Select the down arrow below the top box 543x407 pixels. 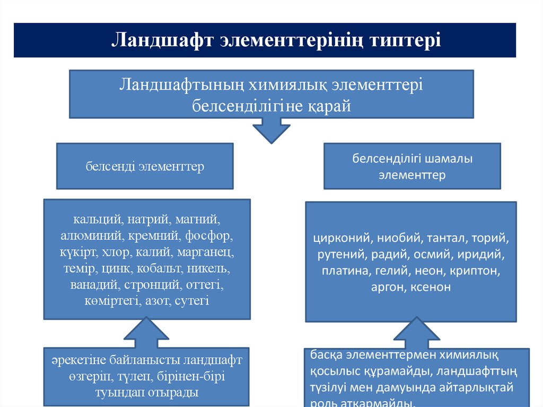tap(271, 129)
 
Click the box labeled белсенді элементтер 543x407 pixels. tap(145, 166)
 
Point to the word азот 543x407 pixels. tap(153, 301)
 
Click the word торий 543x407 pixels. tap(492, 238)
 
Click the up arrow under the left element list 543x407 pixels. tap(146, 333)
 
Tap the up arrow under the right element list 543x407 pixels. tap(417, 333)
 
